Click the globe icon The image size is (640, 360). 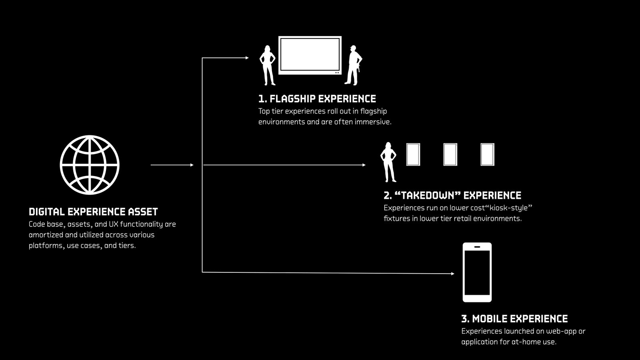click(x=90, y=165)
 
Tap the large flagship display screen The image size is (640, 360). click(x=310, y=55)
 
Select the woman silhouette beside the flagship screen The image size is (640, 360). click(x=268, y=65)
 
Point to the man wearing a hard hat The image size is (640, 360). click(x=353, y=65)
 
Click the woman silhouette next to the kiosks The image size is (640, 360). click(x=388, y=162)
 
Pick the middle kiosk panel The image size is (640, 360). click(x=450, y=154)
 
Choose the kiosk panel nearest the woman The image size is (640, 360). click(x=413, y=154)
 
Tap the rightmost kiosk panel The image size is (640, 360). click(x=487, y=154)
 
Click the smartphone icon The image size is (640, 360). click(x=477, y=272)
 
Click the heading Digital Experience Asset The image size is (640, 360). click(x=93, y=212)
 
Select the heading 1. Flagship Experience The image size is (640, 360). click(x=317, y=99)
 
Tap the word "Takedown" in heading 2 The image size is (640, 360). click(x=428, y=196)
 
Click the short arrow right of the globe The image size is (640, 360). click(x=172, y=165)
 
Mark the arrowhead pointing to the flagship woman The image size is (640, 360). click(x=247, y=58)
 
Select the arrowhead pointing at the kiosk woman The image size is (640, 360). click(x=364, y=165)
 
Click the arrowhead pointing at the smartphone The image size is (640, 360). click(x=452, y=274)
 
